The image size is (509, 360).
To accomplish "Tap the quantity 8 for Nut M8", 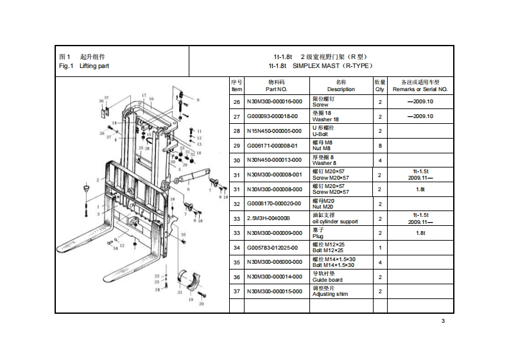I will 379,146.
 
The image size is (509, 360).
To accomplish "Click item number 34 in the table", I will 236,248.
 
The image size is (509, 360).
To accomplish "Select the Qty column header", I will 379,86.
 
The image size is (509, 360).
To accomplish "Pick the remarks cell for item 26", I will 420,101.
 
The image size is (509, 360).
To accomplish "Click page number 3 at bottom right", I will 443,321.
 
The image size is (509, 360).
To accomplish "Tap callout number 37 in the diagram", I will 107,97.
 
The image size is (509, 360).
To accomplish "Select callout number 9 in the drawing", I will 198,100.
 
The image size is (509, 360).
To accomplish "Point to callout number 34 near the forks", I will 116,248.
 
